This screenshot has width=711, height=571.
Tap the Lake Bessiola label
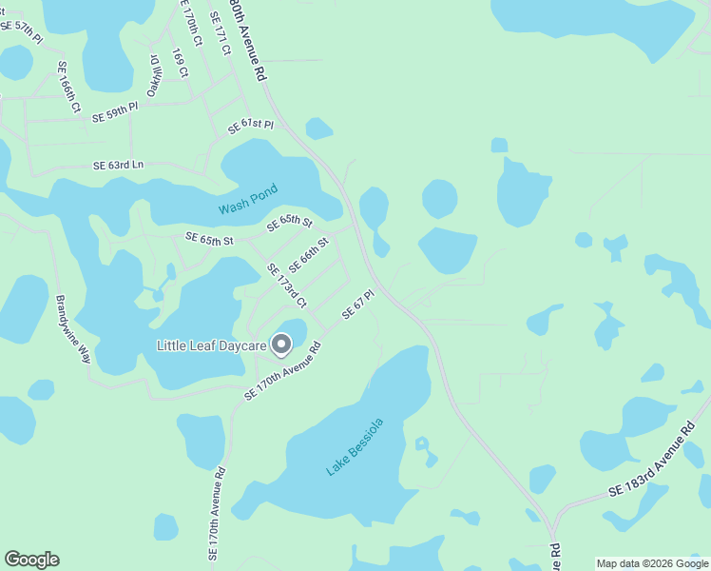click(x=355, y=446)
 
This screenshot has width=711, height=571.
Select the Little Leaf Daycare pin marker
click(x=281, y=345)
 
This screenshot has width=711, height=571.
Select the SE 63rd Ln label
click(x=118, y=165)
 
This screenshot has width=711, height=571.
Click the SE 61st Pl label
click(x=251, y=126)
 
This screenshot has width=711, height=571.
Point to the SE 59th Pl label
click(x=115, y=113)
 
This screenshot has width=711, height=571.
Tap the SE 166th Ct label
click(x=67, y=89)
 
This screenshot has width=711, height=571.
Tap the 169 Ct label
click(x=180, y=64)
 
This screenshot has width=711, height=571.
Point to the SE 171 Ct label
click(x=221, y=32)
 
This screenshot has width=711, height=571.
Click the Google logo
click(x=31, y=560)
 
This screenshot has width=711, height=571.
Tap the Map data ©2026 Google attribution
click(x=652, y=563)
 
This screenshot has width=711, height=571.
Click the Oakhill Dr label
click(x=152, y=75)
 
